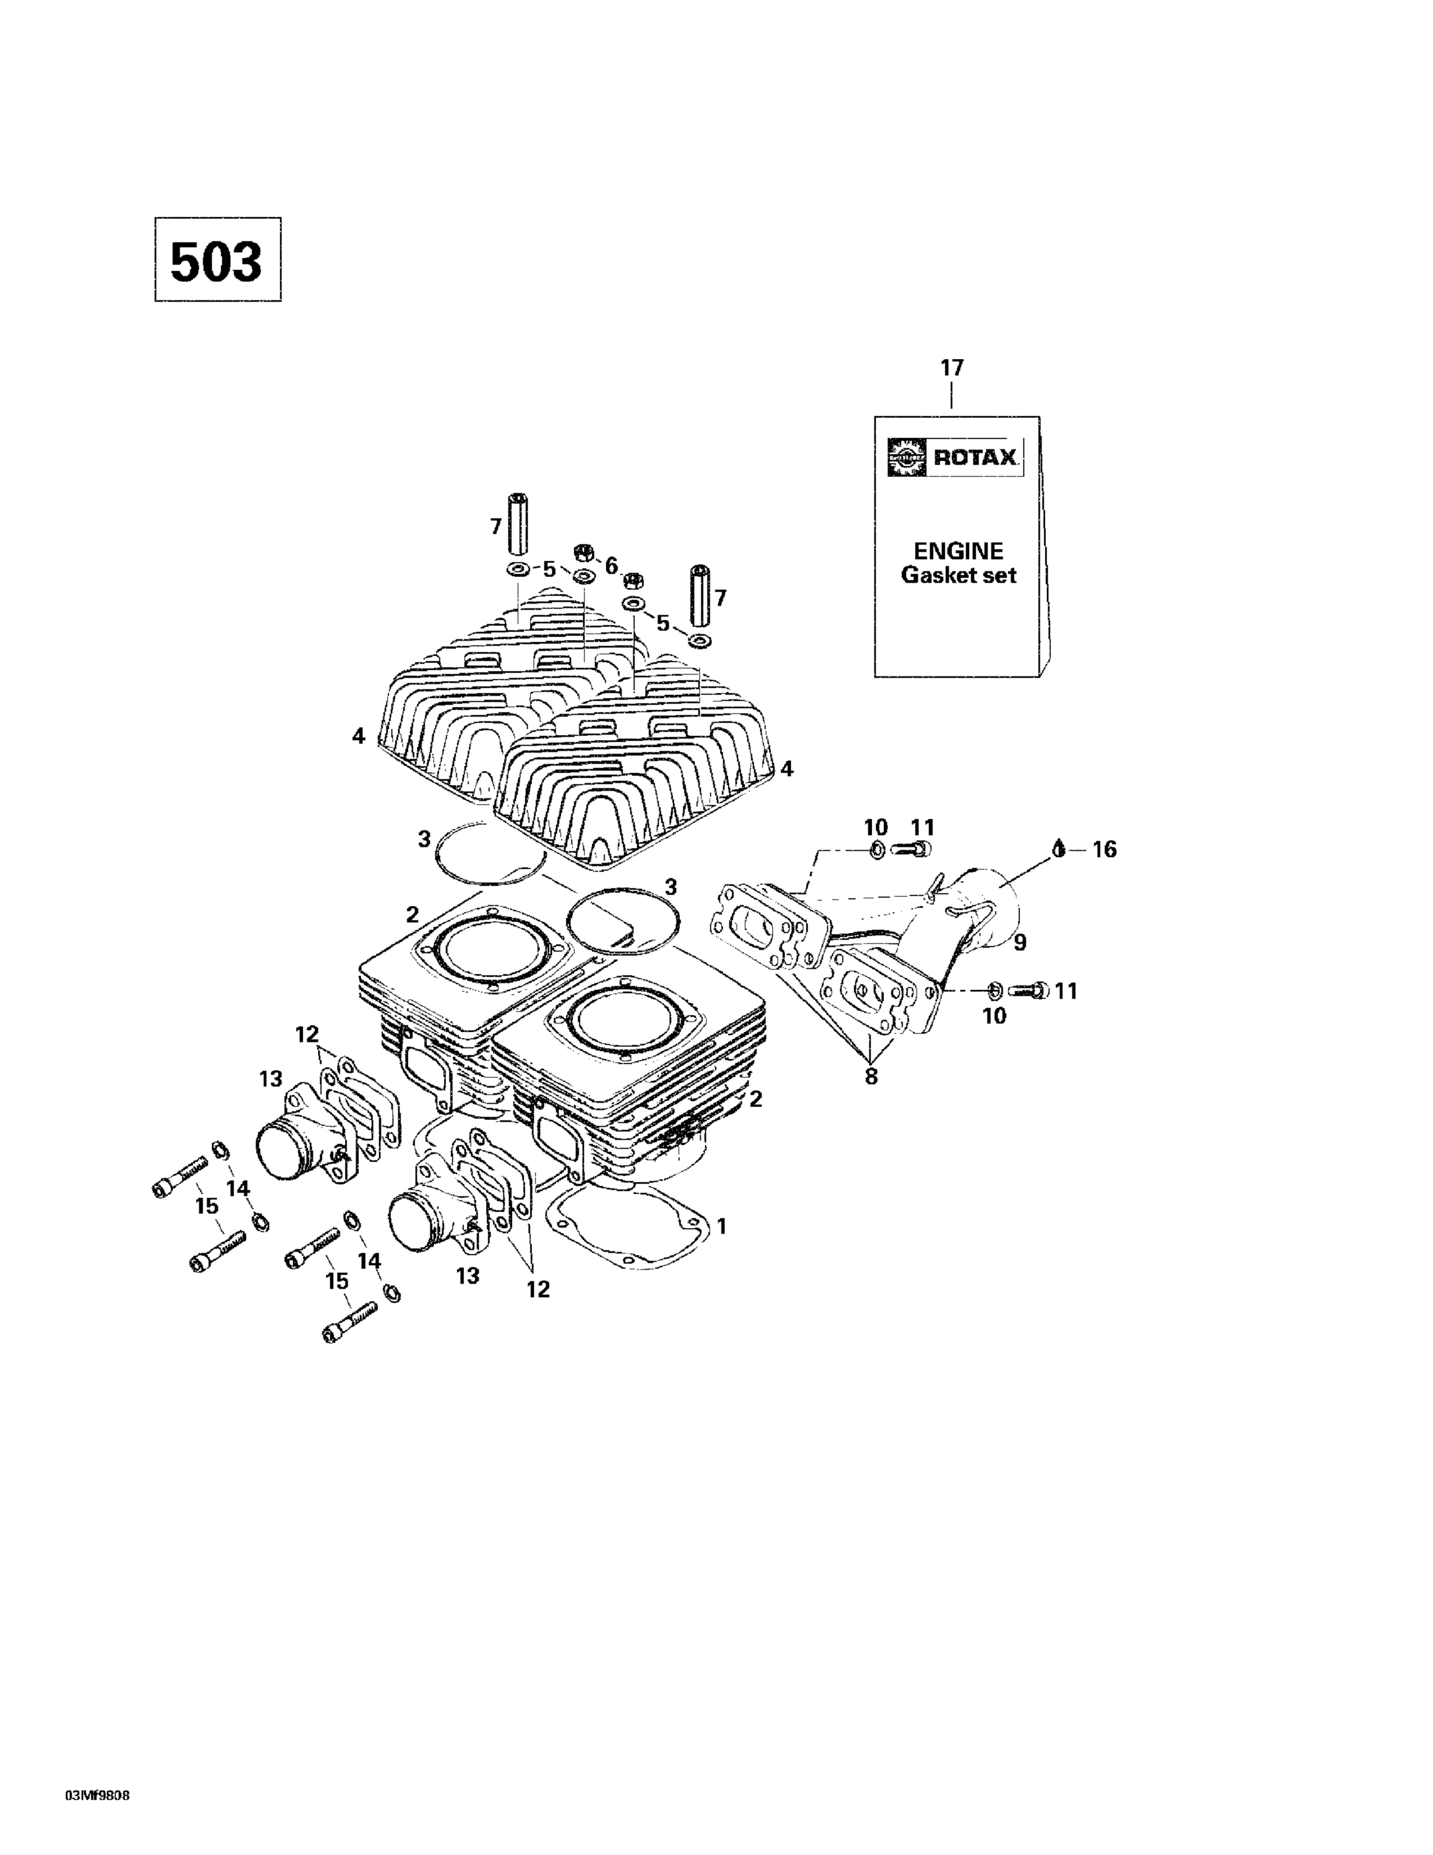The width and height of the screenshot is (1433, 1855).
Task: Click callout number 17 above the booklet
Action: [x=951, y=368]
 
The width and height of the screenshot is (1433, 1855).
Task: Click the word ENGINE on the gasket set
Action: [x=957, y=550]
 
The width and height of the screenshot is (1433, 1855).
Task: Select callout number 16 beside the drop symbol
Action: [x=1103, y=848]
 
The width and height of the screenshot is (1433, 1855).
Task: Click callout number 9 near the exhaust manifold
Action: [x=1019, y=941]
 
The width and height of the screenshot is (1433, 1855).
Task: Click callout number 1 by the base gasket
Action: [x=721, y=1226]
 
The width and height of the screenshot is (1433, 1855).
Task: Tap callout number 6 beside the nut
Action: [x=611, y=565]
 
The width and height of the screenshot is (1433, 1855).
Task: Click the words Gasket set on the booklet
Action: [x=957, y=575]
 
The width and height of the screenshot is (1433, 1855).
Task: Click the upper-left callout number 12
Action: [x=307, y=1034]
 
